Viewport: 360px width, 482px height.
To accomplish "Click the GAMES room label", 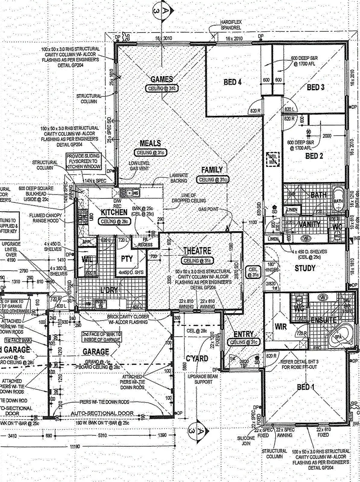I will (x=162, y=79).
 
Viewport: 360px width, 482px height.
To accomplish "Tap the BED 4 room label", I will (x=232, y=82).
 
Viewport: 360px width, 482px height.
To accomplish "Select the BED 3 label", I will (x=315, y=87).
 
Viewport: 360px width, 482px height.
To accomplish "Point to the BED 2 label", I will (x=314, y=156).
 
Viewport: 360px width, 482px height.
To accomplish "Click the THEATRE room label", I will (x=197, y=251).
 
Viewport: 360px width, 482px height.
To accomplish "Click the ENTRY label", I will (x=243, y=334).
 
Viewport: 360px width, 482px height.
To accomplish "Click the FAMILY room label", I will (x=212, y=170).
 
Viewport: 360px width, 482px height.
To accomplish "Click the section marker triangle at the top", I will (x=162, y=10).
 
